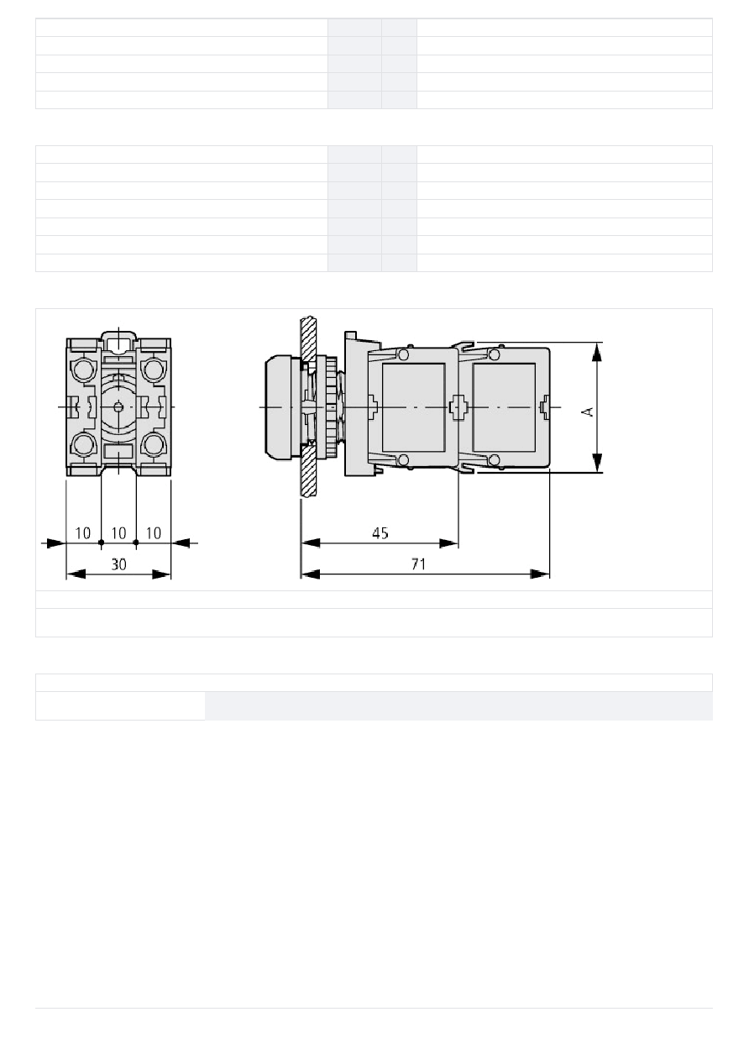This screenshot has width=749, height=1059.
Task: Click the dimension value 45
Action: (x=380, y=533)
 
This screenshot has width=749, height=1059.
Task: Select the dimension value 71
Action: (x=419, y=564)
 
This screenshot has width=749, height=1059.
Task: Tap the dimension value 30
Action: (x=118, y=564)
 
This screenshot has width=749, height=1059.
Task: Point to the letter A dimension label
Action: (x=588, y=412)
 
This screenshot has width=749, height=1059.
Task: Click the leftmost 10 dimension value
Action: (x=82, y=533)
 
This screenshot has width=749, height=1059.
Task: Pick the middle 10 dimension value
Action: (x=118, y=533)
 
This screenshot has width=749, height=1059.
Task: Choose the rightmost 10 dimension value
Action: (x=153, y=533)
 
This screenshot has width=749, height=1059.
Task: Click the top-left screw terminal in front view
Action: (x=84, y=370)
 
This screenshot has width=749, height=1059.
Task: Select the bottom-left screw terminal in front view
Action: (x=84, y=444)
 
